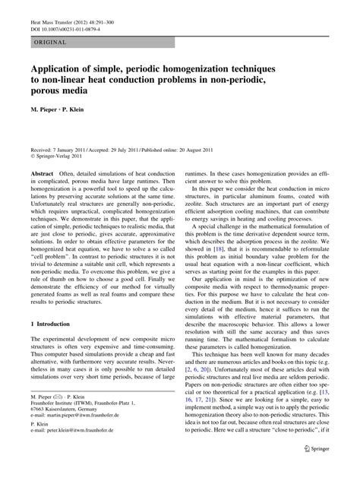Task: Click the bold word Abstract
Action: (41, 174)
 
